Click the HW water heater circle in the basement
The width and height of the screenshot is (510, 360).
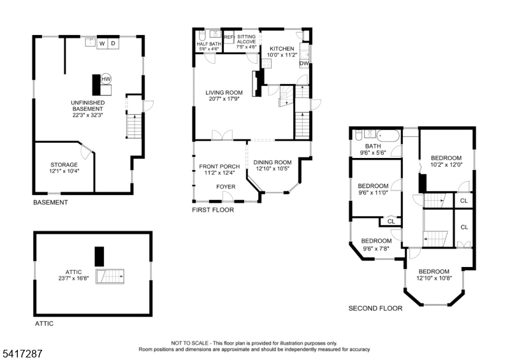click(x=106, y=79)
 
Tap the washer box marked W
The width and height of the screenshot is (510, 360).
click(x=102, y=43)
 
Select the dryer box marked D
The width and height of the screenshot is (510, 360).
click(x=113, y=43)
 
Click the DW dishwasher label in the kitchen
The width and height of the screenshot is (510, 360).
click(x=304, y=64)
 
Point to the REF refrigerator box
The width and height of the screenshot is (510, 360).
click(x=229, y=38)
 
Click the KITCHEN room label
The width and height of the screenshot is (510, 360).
click(x=282, y=49)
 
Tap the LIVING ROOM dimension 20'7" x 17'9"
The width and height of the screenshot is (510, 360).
click(x=224, y=99)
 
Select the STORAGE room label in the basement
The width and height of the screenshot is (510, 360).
click(x=64, y=165)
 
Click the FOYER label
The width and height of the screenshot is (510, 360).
click(x=226, y=187)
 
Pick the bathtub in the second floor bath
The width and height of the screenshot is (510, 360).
click(x=388, y=135)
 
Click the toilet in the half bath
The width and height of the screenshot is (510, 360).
click(x=201, y=36)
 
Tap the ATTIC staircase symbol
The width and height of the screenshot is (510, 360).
click(x=110, y=277)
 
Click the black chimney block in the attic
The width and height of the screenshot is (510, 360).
click(x=99, y=257)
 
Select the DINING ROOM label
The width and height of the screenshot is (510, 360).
click(x=273, y=162)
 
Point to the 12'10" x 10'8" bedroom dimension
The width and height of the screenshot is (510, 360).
click(x=434, y=278)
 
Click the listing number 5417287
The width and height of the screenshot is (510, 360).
click(x=22, y=354)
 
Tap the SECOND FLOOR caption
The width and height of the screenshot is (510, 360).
click(x=375, y=308)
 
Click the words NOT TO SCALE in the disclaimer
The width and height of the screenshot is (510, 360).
click(x=190, y=343)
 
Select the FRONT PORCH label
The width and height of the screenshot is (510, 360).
click(x=219, y=166)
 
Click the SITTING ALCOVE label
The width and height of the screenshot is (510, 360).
click(x=246, y=40)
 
